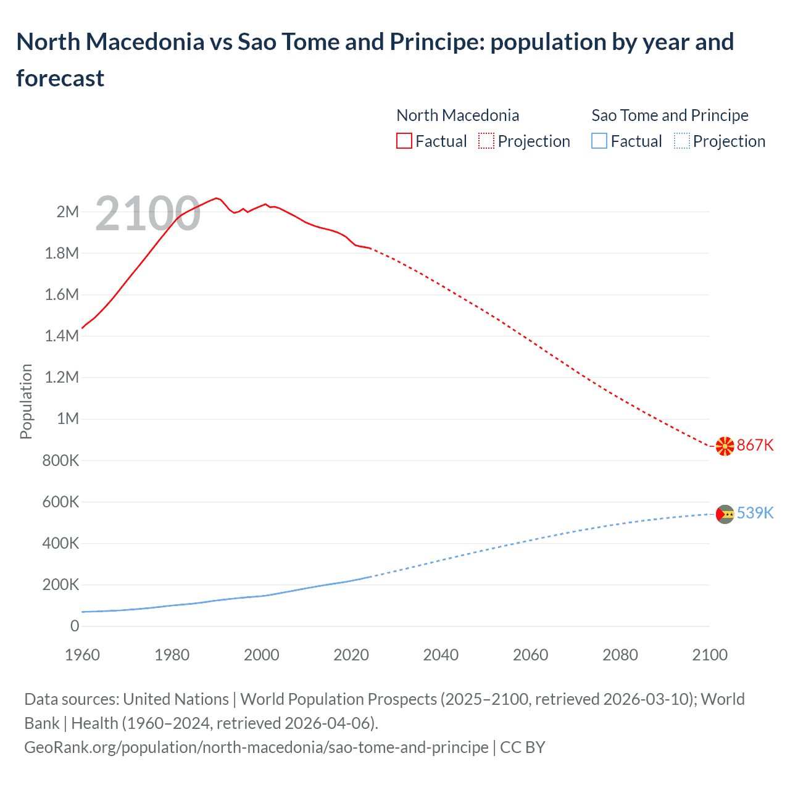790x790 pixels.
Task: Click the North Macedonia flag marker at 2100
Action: (x=725, y=446)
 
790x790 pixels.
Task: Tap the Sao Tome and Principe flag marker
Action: (x=725, y=513)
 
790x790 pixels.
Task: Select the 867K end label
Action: (x=755, y=445)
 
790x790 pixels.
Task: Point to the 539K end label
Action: (x=755, y=513)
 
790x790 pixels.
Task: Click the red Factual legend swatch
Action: (x=404, y=141)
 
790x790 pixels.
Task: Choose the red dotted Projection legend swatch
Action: (x=486, y=141)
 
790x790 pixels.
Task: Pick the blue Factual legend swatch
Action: (x=599, y=141)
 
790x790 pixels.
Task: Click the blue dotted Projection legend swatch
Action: (x=681, y=141)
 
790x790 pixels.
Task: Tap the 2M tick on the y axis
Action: (x=68, y=212)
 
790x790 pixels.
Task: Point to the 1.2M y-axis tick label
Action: (x=62, y=377)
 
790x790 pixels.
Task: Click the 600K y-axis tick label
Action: (x=60, y=502)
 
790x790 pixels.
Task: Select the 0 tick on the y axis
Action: (x=75, y=626)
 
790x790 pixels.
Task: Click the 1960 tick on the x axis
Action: (x=82, y=655)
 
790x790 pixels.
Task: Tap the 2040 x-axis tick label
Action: (x=441, y=655)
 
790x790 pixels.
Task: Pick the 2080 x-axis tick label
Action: (x=620, y=655)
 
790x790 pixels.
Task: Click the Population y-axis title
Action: (x=26, y=401)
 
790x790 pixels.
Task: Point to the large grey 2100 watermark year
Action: (x=148, y=214)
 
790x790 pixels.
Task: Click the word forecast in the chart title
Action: (x=60, y=78)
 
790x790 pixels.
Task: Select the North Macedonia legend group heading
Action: (x=457, y=115)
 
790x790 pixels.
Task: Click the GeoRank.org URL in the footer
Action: (x=256, y=747)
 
